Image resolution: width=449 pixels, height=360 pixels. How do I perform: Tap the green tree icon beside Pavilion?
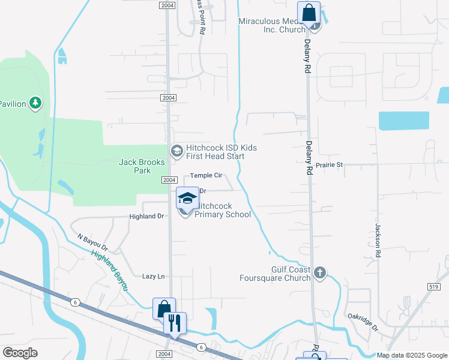click(36, 103)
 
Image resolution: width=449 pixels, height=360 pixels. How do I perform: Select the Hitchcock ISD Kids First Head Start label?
click(215, 152)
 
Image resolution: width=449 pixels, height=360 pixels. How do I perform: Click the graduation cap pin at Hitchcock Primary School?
click(187, 198)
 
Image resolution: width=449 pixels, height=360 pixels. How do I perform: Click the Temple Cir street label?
click(206, 176)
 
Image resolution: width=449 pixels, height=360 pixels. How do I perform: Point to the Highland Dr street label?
click(146, 216)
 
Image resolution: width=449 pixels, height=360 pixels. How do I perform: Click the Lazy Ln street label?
click(153, 277)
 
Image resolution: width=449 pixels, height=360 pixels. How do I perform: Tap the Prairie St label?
click(330, 164)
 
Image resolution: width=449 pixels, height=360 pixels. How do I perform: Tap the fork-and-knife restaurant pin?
click(175, 323)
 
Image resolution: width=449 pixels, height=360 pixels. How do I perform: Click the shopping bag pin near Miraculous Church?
click(309, 13)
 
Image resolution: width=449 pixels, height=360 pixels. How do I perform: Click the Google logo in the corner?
click(20, 353)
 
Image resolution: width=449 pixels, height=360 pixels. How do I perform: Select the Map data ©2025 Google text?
click(411, 355)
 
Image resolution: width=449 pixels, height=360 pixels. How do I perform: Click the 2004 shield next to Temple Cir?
click(168, 180)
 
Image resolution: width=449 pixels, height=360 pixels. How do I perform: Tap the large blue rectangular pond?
click(404, 121)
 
